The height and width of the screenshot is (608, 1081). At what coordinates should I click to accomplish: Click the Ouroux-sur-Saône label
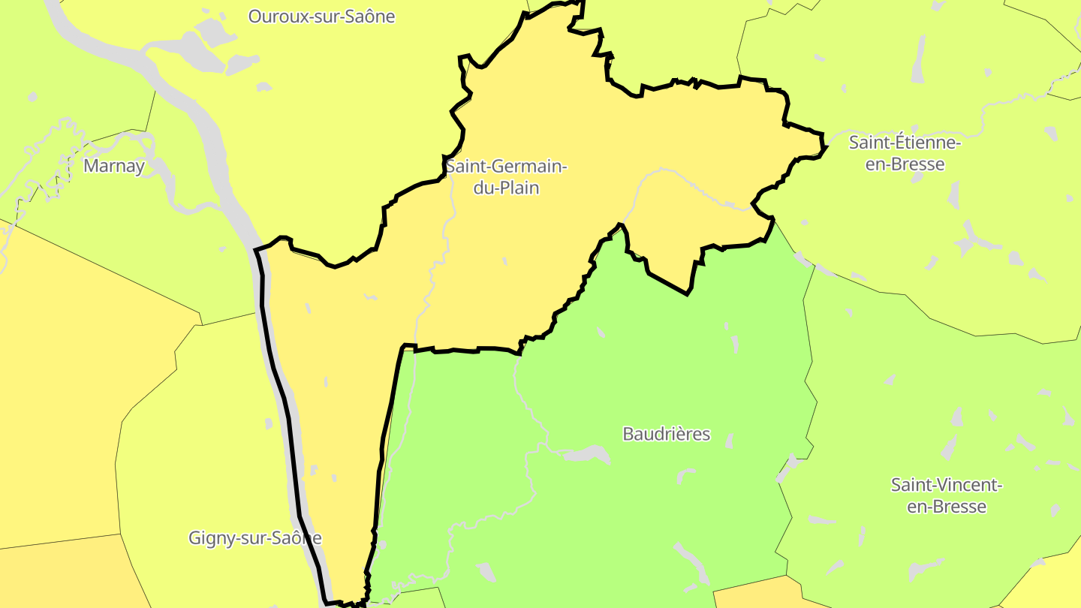321,16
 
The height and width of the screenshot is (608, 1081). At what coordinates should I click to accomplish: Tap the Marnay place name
113,166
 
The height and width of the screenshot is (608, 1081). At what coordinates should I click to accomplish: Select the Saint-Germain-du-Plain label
506,176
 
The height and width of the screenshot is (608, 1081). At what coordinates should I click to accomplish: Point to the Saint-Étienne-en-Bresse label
905,152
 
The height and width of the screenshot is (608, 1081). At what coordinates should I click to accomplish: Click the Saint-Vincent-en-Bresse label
947,495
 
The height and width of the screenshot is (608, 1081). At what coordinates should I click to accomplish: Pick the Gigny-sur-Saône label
254,537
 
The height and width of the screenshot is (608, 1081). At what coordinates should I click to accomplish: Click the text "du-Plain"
506,188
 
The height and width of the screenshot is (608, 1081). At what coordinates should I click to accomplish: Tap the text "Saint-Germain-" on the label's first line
506,166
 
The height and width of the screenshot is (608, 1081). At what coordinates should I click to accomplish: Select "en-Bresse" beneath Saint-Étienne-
905,164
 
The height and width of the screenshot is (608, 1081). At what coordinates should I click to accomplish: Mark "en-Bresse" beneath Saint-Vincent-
947,507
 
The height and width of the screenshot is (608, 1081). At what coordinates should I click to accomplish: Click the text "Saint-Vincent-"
947,485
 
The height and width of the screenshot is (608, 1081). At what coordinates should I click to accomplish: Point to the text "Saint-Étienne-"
905,142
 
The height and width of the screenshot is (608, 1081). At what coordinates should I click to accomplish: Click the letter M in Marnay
91,166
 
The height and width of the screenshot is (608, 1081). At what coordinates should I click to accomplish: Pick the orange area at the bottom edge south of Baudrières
758,594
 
